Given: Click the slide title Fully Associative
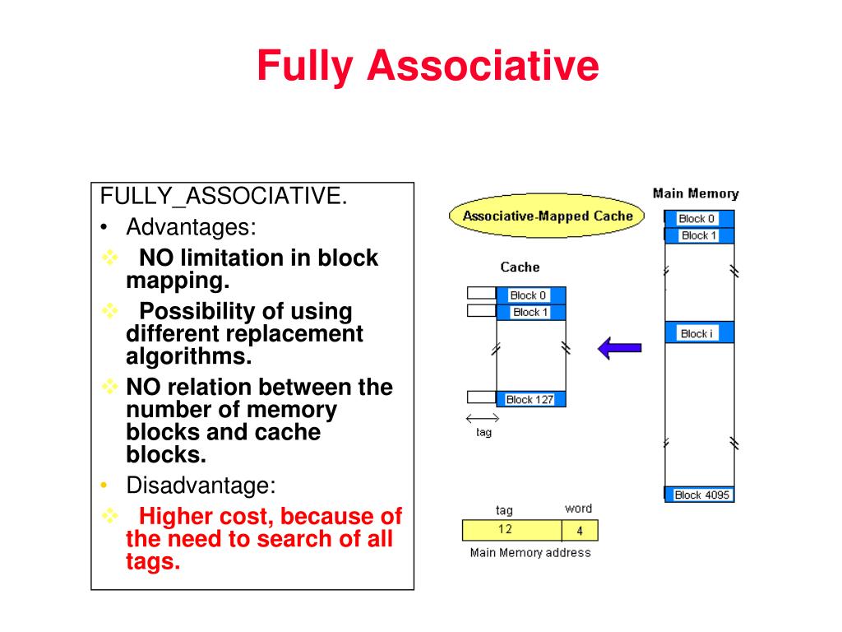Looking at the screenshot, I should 428,66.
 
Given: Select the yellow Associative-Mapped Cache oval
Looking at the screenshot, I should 548,216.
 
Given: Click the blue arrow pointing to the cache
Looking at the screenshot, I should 619,348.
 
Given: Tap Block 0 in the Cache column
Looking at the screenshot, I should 529,295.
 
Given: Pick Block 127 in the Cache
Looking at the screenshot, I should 530,399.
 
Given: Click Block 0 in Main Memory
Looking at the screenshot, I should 697,219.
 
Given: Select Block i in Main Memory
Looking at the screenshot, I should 697,333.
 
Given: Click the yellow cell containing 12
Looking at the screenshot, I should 511,530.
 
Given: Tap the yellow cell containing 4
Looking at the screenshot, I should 580,531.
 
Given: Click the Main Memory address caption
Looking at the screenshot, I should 530,552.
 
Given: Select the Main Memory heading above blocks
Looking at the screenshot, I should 696,194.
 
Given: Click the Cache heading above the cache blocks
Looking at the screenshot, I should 520,267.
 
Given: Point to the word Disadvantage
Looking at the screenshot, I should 201,485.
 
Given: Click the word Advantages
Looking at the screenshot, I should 191,226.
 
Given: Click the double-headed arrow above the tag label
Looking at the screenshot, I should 482,417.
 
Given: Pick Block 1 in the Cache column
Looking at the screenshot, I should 530,312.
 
